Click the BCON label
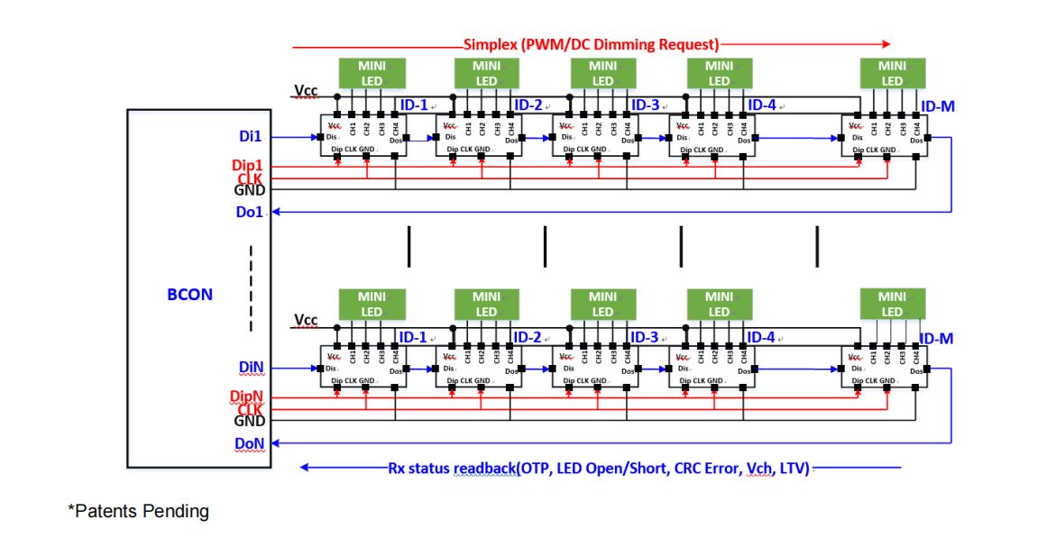pyautogui.click(x=190, y=295)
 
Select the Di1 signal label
pyautogui.click(x=250, y=137)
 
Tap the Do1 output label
pyautogui.click(x=250, y=213)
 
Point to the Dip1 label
pyautogui.click(x=247, y=166)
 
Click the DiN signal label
pyautogui.click(x=251, y=368)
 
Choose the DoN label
pyautogui.click(x=250, y=443)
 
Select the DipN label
pyautogui.click(x=247, y=397)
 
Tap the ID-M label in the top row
pyautogui.click(x=937, y=106)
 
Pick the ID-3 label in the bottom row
pyautogui.click(x=645, y=337)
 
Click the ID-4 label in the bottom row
pyautogui.click(x=761, y=337)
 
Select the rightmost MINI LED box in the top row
pyautogui.click(x=892, y=73)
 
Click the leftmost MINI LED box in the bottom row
pyautogui.click(x=372, y=304)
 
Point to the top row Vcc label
pyautogui.click(x=306, y=91)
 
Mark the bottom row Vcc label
pyautogui.click(x=306, y=321)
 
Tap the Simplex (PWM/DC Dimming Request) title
pyautogui.click(x=591, y=44)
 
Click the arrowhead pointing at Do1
pyautogui.click(x=277, y=213)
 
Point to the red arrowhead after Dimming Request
pyautogui.click(x=886, y=43)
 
